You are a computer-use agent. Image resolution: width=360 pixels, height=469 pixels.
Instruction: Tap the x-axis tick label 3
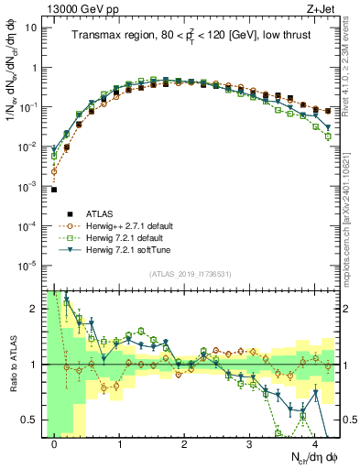tap(249, 444)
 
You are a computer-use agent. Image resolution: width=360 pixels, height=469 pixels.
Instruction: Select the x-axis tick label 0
tap(54, 444)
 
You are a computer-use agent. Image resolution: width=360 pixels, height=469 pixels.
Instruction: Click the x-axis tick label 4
tap(314, 444)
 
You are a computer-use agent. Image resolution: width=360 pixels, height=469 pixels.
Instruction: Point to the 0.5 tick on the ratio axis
tap(33, 420)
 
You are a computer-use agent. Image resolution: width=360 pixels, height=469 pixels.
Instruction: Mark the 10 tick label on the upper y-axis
tap(32, 27)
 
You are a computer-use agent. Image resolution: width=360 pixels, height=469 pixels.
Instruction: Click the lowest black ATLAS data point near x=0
tap(54, 190)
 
